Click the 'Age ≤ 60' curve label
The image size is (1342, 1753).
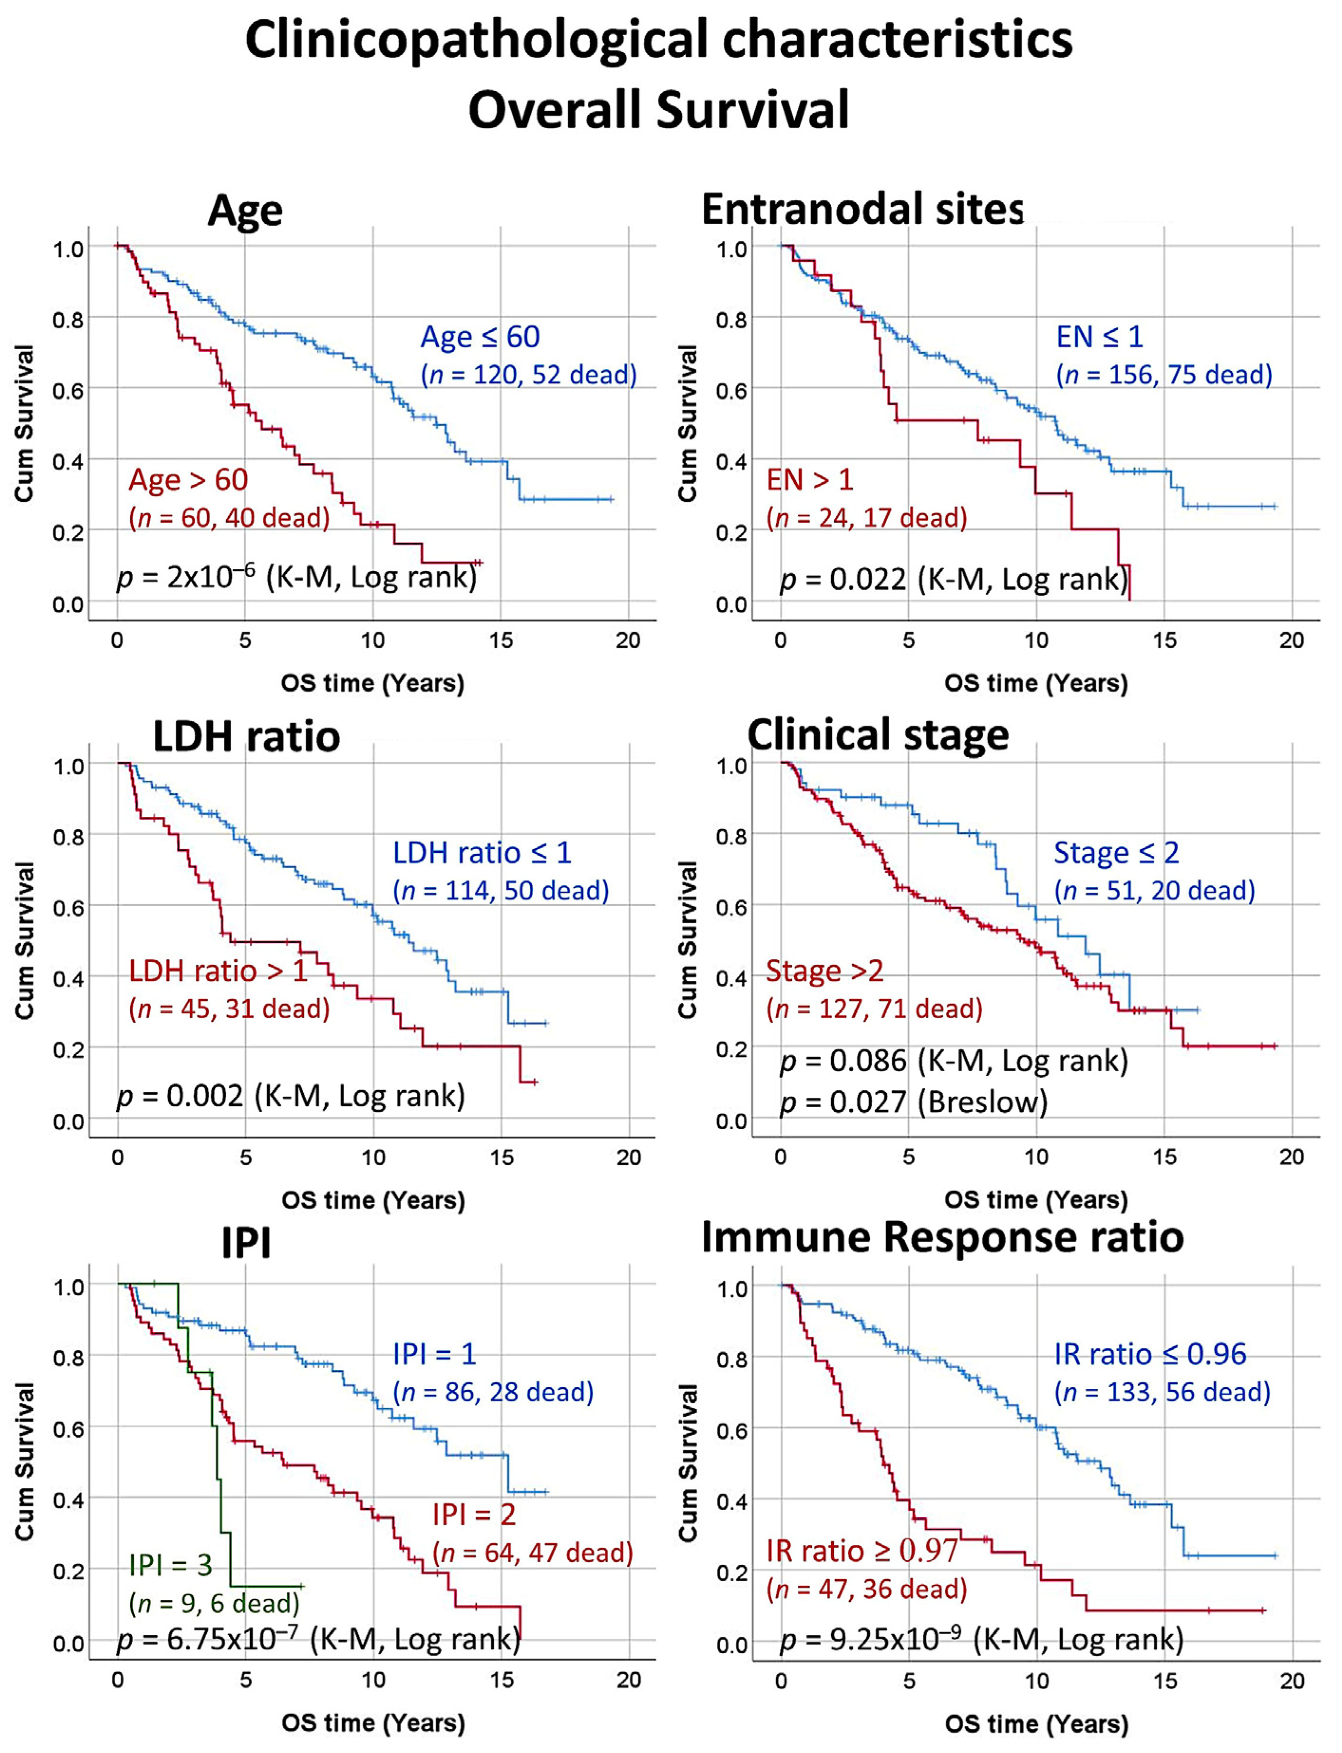point(480,337)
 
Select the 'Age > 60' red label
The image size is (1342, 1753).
point(189,480)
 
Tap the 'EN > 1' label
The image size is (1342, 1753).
point(810,480)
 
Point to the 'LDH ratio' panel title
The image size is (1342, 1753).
point(246,737)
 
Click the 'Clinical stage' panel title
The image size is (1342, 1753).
point(878,735)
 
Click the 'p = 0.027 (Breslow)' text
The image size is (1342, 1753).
point(913,1102)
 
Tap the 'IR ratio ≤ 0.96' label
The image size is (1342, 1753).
point(1150,1354)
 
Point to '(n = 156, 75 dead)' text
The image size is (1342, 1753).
point(1164,374)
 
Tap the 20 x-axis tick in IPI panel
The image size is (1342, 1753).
point(629,1679)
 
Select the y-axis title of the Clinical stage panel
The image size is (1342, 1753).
point(688,940)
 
